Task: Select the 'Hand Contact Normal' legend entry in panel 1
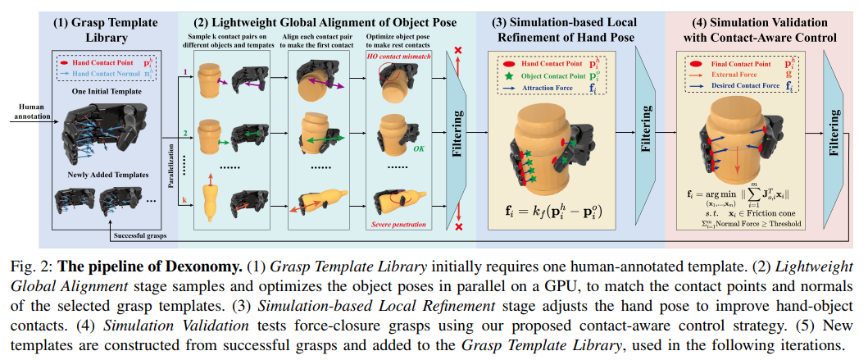pyautogui.click(x=105, y=72)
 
